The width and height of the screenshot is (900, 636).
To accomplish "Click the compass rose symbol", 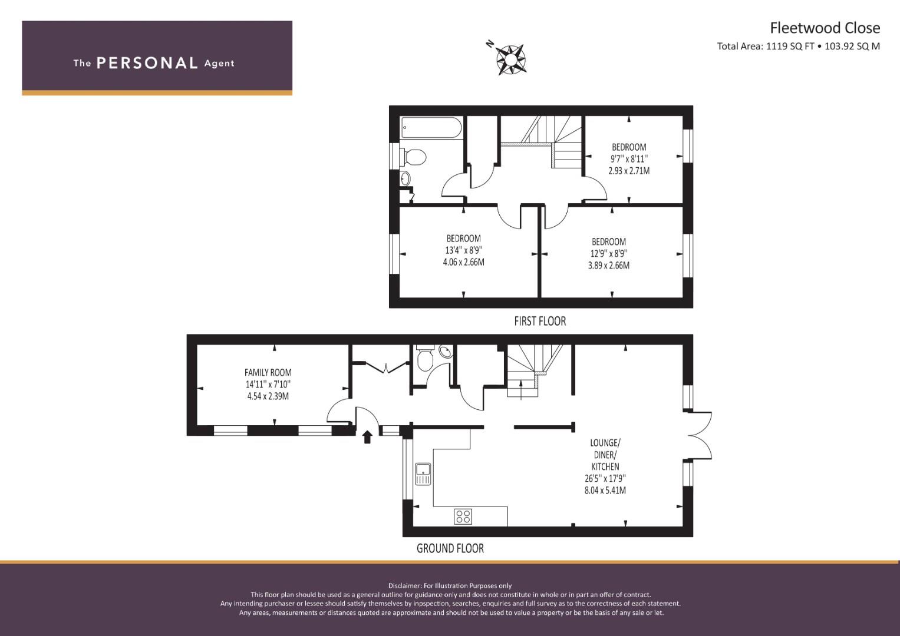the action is tap(510, 60).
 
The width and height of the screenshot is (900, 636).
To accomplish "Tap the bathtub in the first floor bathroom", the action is tap(431, 128).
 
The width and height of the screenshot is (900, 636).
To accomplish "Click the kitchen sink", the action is tap(423, 474).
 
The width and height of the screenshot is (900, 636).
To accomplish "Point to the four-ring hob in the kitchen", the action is tap(463, 516).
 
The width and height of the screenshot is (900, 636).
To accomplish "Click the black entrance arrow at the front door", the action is tap(367, 437).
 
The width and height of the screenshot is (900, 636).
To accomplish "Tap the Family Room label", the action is tap(268, 372).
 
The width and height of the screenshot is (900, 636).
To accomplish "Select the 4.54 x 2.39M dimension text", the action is tap(268, 396).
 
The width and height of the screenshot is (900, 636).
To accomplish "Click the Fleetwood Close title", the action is tap(825, 28).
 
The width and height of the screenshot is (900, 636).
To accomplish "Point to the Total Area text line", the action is tap(799, 46).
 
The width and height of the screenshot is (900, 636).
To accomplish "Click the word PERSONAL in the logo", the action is tap(147, 63).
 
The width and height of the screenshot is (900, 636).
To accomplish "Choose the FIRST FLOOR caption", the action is tap(540, 321).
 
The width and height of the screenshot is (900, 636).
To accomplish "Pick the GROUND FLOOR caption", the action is tap(450, 548).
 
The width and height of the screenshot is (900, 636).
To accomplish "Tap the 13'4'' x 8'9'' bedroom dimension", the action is tap(464, 250).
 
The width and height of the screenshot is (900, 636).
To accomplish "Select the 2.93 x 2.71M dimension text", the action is tap(629, 171).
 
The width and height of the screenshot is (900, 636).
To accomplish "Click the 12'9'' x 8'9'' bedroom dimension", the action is tap(609, 253).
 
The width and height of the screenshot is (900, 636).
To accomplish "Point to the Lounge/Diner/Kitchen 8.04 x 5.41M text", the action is tap(605, 490).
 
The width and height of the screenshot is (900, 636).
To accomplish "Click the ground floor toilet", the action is tap(424, 359).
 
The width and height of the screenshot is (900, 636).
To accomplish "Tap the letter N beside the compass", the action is tap(490, 44).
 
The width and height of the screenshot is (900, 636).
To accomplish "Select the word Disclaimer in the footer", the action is tap(404, 586).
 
